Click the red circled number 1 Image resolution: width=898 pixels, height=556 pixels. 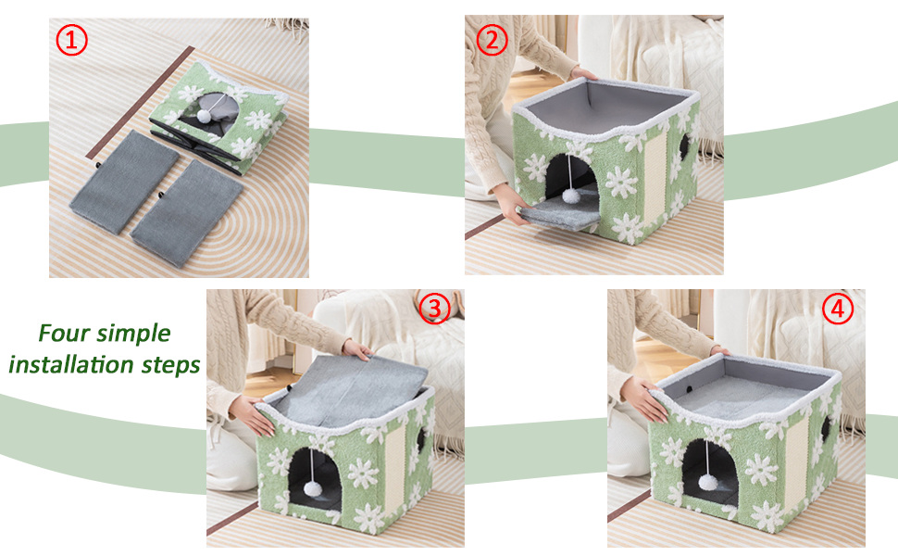click(71, 40)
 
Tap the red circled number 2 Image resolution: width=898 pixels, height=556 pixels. click(492, 40)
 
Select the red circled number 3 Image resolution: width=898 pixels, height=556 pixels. click(435, 309)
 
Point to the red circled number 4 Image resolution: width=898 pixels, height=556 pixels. click(838, 309)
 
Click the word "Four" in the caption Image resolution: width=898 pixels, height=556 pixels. click(63, 333)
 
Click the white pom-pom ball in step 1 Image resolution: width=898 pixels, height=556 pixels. click(204, 117)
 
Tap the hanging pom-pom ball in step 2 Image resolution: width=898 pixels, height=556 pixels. click(571, 196)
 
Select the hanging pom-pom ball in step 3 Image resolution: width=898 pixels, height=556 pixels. click(312, 488)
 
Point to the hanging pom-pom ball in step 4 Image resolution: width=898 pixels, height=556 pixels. click(707, 482)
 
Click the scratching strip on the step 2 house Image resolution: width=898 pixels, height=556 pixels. click(655, 182)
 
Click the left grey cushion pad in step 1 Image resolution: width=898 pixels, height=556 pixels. click(125, 182)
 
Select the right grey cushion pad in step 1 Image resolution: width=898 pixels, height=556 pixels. click(187, 214)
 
